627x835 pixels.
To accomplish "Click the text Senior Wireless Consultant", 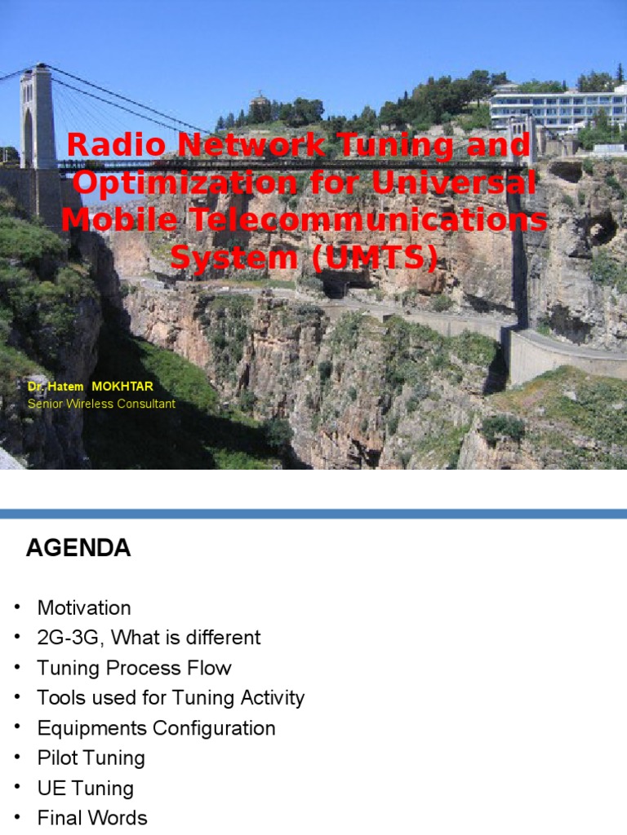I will (101, 404).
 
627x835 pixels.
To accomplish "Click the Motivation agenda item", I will (84, 608).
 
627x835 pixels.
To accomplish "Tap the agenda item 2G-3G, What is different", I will (149, 638).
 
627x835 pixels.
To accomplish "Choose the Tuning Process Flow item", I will (134, 668).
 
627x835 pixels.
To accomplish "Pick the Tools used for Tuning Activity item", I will (171, 698).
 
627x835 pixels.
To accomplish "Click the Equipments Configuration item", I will (156, 728).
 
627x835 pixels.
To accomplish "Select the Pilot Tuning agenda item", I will (91, 758).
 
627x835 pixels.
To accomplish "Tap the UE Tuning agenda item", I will (85, 789).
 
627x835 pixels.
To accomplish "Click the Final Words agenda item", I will (92, 818).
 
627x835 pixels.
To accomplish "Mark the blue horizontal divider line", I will (313, 514).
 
